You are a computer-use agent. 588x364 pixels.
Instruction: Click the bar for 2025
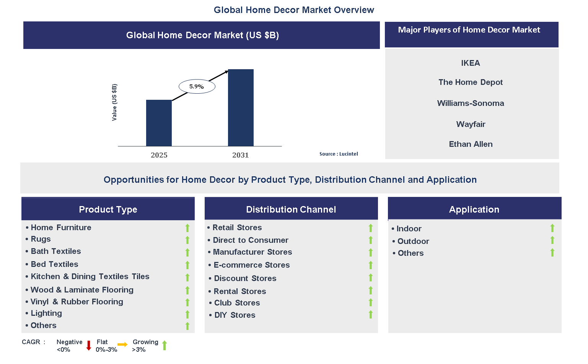coord(159,123)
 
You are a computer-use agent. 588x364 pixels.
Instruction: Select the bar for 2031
coord(241,107)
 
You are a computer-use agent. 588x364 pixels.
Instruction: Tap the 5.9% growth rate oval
coord(197,86)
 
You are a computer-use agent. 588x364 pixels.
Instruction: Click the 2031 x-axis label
coord(240,155)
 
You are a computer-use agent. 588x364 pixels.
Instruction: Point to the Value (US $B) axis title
coord(114,102)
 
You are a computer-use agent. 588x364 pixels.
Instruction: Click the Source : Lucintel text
coord(339,154)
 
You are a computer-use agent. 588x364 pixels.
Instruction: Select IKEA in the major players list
coord(470,63)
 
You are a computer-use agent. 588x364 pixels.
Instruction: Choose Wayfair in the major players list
coord(471,124)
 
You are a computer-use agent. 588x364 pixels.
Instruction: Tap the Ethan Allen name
coord(471,144)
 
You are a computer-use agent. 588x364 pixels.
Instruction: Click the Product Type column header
coord(108,209)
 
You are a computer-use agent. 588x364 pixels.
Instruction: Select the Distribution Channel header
coord(291,209)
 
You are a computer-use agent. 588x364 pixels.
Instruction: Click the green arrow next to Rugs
coord(187,240)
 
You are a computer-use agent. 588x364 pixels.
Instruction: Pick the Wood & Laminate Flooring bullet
coord(82,290)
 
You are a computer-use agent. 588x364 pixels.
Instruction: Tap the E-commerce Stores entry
coord(251,265)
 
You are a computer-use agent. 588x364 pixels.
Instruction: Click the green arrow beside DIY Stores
coord(370,314)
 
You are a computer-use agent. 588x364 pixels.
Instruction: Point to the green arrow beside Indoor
coord(552,228)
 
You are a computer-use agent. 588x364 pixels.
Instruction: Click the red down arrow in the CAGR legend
coord(89,345)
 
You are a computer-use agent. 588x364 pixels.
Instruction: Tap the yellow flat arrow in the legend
coord(122,344)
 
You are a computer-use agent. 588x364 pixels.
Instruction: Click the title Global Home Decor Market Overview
coord(294,10)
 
